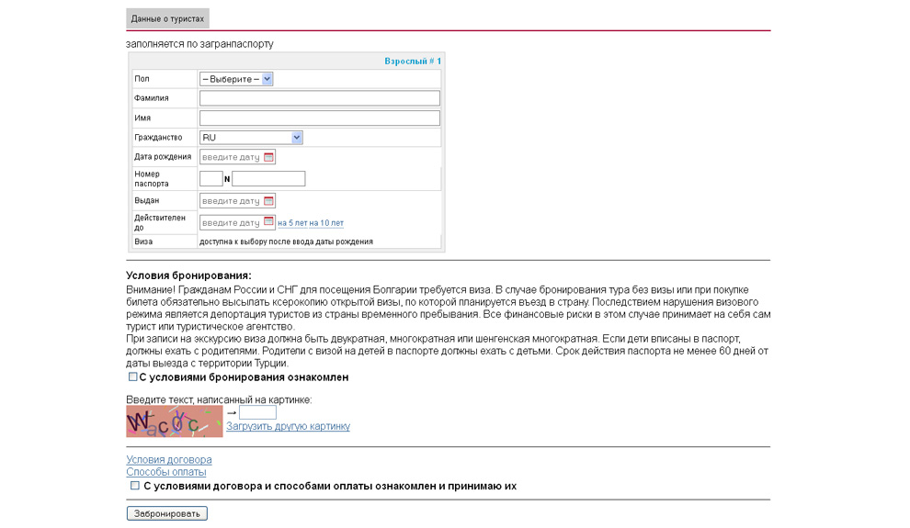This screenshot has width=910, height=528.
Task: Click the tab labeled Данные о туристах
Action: coord(167,18)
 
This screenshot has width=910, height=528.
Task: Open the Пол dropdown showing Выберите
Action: coord(236,79)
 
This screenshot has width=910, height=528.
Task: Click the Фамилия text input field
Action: coord(319,98)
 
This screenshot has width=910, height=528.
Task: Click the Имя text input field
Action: coord(319,118)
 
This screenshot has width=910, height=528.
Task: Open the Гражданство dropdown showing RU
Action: coord(251,138)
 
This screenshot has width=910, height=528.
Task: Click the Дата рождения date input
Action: coord(231,157)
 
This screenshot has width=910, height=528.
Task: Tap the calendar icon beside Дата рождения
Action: coord(269,157)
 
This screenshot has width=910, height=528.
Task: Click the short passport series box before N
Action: coord(210,178)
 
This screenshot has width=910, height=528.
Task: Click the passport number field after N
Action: coord(268,178)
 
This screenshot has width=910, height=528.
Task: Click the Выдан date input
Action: coord(231,200)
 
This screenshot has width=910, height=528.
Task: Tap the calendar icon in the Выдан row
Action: coord(269,200)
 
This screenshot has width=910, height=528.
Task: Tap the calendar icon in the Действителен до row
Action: coord(269,222)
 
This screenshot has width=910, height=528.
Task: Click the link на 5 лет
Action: coord(291,223)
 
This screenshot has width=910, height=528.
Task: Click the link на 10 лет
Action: coord(326,223)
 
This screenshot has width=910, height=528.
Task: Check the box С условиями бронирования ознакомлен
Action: coord(132,376)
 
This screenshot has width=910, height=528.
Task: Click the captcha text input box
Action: coord(257,413)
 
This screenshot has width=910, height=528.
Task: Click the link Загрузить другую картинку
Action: coord(288,426)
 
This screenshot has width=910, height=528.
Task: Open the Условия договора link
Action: coord(169,459)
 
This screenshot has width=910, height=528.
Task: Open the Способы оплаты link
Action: coord(166,472)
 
